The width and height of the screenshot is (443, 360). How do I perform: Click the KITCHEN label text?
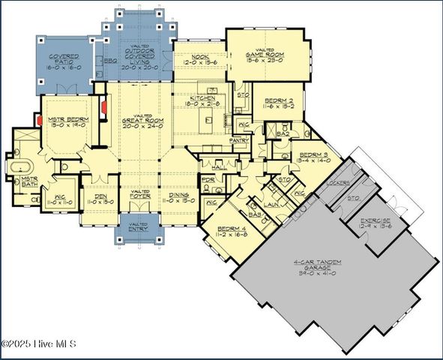[202, 98]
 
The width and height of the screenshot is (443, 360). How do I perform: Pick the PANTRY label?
[239, 139]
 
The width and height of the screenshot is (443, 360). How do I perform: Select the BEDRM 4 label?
[230, 228]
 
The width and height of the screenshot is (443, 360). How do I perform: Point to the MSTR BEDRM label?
[69, 119]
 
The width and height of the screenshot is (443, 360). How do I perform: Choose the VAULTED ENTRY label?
[138, 227]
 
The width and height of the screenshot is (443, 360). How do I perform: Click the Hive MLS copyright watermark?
[39, 344]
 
